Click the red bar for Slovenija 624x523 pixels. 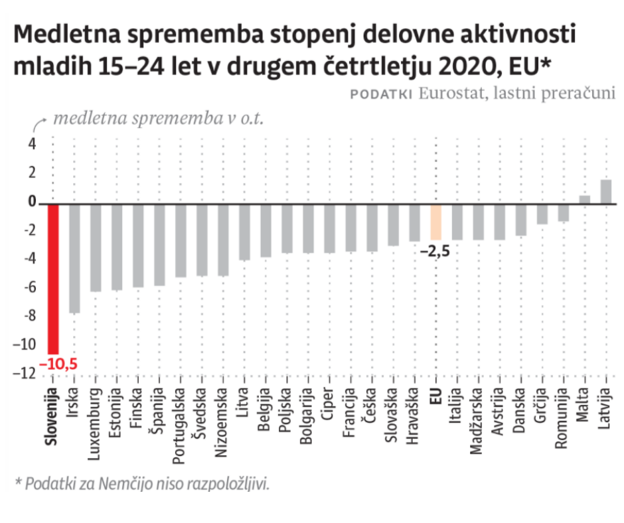[53, 279]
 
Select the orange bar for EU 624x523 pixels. [435, 222]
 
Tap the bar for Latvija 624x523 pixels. [605, 191]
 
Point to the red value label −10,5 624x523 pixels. [56, 364]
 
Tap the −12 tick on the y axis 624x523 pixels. [26, 374]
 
